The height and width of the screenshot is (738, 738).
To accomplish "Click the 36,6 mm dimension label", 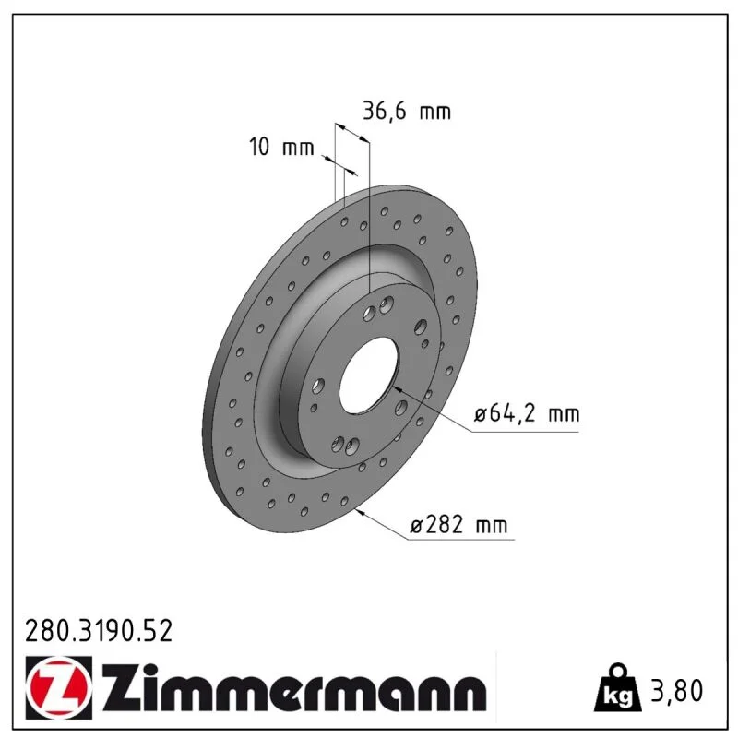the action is point(407,112).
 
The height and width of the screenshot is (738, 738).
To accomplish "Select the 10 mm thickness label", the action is point(281,147).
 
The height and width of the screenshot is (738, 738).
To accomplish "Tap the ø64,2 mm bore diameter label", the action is point(527,413).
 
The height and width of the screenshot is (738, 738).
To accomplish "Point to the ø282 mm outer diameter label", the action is point(459,524).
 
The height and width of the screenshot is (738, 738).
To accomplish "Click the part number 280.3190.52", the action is point(99,631).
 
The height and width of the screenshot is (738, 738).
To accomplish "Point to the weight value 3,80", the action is point(676,690).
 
